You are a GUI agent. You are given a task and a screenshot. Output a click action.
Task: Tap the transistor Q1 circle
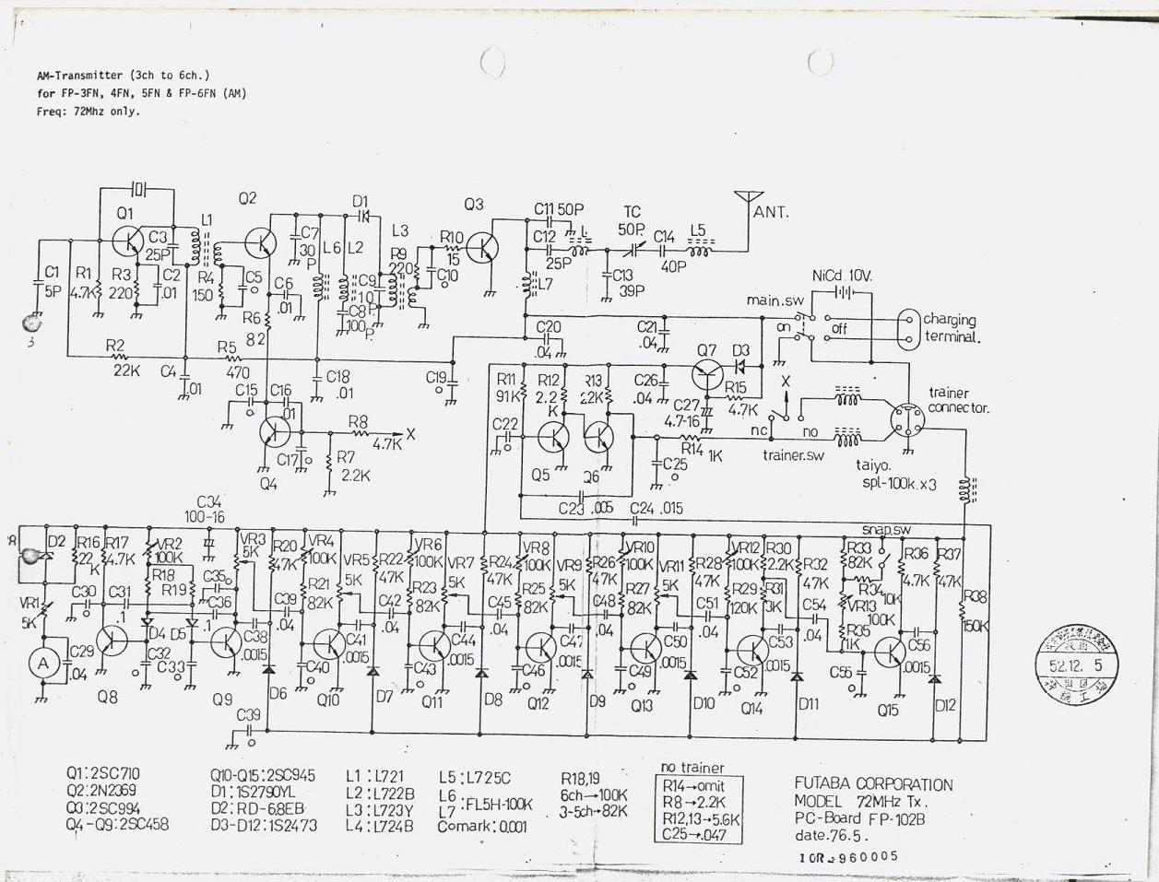click(x=125, y=241)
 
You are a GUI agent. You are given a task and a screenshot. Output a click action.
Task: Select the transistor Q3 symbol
click(x=482, y=246)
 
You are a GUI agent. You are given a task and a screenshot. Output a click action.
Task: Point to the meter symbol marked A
click(x=41, y=663)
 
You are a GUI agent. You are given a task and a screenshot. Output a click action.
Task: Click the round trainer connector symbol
click(x=905, y=422)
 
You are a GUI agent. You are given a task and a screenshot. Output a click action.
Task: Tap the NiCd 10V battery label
click(x=842, y=276)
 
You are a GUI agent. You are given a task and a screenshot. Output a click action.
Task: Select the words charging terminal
click(x=950, y=328)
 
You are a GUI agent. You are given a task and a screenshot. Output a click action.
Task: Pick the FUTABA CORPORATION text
click(x=873, y=784)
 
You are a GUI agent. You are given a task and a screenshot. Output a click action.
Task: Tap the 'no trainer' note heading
click(x=692, y=768)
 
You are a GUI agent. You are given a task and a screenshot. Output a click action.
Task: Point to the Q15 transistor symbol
click(x=889, y=653)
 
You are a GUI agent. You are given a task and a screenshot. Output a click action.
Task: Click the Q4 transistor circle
click(x=274, y=431)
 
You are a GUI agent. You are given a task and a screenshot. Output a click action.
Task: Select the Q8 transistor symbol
click(x=112, y=640)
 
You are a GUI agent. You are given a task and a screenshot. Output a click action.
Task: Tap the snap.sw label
click(x=886, y=530)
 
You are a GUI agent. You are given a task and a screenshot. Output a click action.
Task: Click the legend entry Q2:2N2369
click(x=102, y=791)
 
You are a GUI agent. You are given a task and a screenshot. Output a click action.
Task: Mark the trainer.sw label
click(x=793, y=454)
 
